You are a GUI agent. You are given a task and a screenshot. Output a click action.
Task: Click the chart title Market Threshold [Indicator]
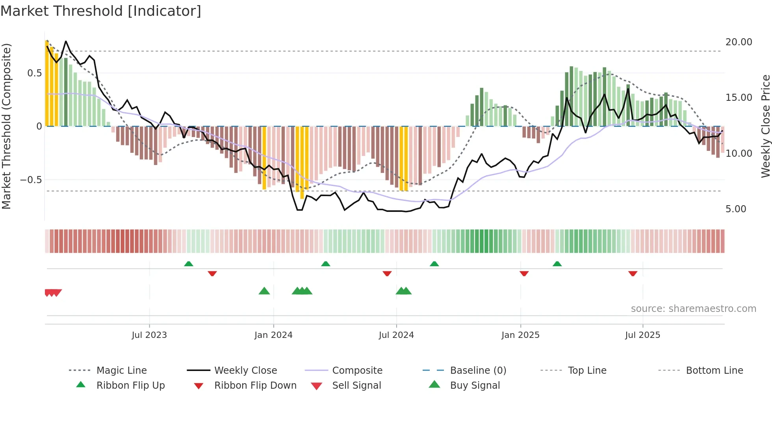[101, 11]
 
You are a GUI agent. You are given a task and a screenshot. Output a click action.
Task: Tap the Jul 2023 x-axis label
[149, 335]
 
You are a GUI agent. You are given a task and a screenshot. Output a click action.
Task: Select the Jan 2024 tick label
[273, 335]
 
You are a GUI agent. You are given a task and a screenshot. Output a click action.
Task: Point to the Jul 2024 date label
[396, 335]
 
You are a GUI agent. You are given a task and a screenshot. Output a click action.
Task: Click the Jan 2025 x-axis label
[520, 335]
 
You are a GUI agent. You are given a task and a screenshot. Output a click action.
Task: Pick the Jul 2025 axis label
[642, 335]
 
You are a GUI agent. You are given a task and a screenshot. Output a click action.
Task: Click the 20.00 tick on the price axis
[739, 42]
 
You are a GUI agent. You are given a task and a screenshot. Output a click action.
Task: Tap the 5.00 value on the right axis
[736, 209]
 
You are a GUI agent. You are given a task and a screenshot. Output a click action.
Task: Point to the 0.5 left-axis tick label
[34, 73]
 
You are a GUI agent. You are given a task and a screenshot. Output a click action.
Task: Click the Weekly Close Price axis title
[765, 126]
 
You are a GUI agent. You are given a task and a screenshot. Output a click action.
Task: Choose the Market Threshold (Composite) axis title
[6, 126]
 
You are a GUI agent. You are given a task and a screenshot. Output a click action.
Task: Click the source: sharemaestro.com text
[693, 309]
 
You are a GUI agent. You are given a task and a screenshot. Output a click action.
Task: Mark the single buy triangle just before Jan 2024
[264, 291]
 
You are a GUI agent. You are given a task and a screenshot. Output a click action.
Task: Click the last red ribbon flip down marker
[633, 273]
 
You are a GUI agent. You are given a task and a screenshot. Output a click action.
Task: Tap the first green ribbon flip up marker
[189, 264]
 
